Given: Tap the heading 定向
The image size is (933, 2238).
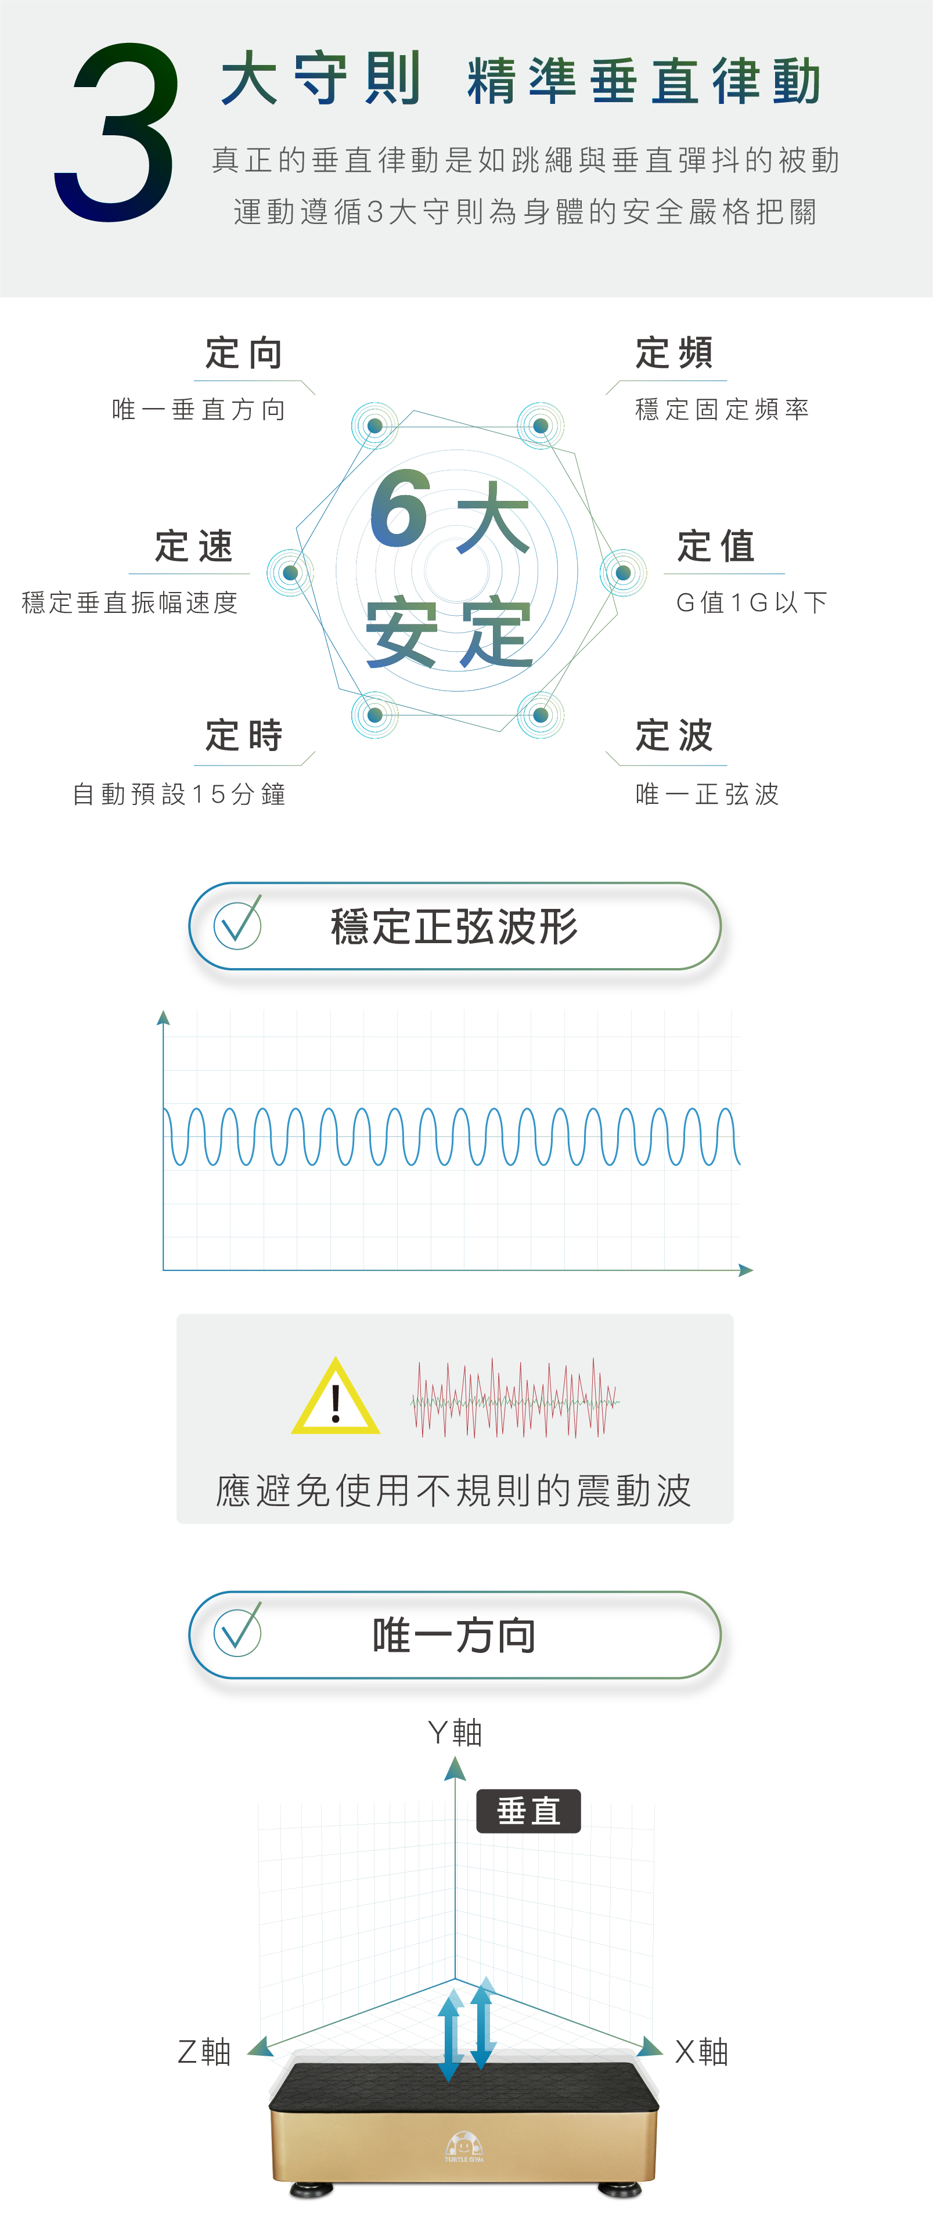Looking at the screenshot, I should [x=244, y=353].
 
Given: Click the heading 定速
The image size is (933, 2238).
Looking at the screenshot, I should [x=194, y=547].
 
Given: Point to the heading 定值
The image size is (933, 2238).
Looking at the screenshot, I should [x=716, y=547].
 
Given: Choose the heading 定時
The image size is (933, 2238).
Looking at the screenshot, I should [x=244, y=735].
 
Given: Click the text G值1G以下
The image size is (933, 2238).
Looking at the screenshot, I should [x=751, y=602].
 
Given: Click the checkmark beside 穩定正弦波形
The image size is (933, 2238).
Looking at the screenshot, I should [x=237, y=925].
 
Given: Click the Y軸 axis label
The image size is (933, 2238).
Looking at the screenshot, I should [x=455, y=1732].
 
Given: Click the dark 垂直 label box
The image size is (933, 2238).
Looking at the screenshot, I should [x=528, y=1811].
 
